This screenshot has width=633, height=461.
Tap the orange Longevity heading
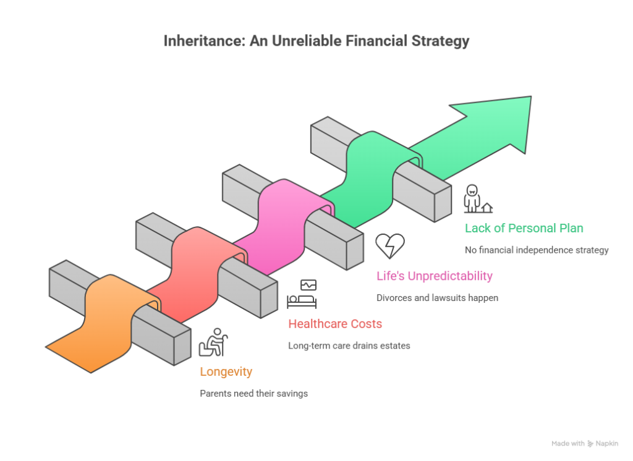click(226, 372)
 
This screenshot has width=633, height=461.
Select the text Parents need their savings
click(254, 393)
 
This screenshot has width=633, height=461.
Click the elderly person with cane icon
click(213, 342)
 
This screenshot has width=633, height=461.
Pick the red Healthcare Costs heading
click(335, 324)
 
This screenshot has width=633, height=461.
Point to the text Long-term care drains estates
click(349, 345)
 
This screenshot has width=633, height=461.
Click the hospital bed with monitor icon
click(302, 294)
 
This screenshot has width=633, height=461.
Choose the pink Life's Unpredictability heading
click(435, 276)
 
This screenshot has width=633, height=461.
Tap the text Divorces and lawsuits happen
click(437, 298)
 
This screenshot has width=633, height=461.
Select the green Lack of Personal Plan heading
click(524, 228)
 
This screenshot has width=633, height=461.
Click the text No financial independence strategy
click(537, 250)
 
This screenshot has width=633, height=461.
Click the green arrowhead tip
click(531, 96)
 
